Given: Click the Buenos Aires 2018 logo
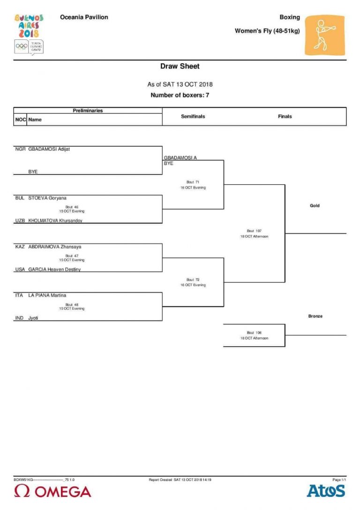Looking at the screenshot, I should point(29,34).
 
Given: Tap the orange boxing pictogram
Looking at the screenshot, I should point(324,35).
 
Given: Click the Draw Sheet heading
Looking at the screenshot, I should point(180,67).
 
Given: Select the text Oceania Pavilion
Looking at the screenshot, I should point(84,17).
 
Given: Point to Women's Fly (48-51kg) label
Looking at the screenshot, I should point(267,31).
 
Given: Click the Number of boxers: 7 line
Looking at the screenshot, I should point(180,95).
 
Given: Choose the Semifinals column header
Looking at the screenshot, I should point(193,116).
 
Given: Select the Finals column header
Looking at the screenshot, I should point(285,116).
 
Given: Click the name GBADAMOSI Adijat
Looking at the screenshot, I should point(52,149).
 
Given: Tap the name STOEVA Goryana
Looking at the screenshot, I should point(47,198).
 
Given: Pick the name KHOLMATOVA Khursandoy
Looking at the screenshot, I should point(55,221).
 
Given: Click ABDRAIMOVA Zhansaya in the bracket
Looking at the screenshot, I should point(55,247).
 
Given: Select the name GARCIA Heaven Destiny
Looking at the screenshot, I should point(54,269).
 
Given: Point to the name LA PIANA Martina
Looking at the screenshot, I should point(47,296).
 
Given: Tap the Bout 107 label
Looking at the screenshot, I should point(254,231).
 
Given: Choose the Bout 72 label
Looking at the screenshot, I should point(193,280).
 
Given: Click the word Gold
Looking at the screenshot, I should point(315,206).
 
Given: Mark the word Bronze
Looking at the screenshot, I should point(315,316).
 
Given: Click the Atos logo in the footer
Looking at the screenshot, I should point(326,491).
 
